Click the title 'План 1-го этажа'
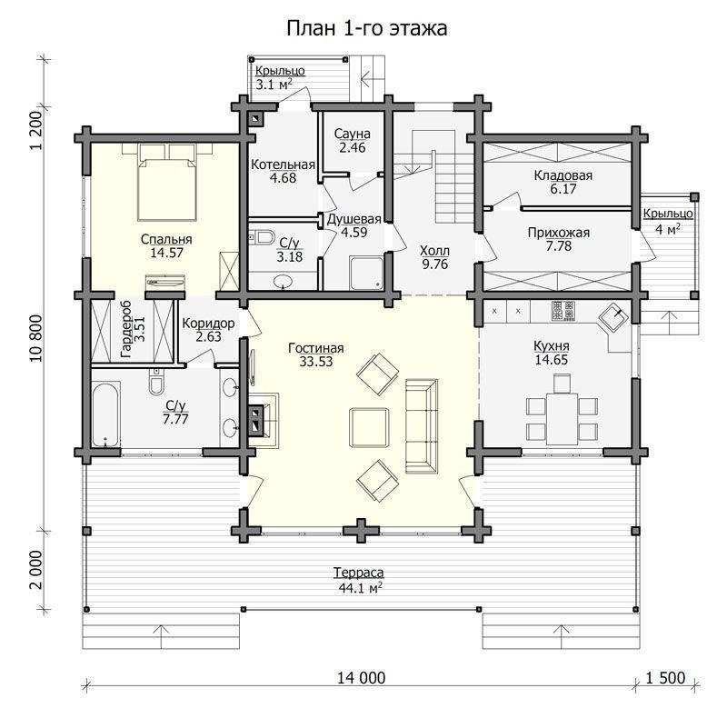[x=367, y=29]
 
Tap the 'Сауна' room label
[x=353, y=134]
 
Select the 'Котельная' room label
[x=283, y=165]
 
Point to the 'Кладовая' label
[x=563, y=175]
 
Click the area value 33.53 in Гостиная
[x=315, y=362]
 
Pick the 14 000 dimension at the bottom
[x=361, y=678]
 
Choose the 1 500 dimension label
[x=666, y=678]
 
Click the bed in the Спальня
[x=167, y=182]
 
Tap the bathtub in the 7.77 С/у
[x=106, y=414]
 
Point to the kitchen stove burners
[x=563, y=311]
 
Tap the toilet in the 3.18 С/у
[x=261, y=237]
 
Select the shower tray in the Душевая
[x=366, y=274]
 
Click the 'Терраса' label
[x=358, y=573]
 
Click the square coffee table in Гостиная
[x=369, y=427]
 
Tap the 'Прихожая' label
[x=559, y=233]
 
